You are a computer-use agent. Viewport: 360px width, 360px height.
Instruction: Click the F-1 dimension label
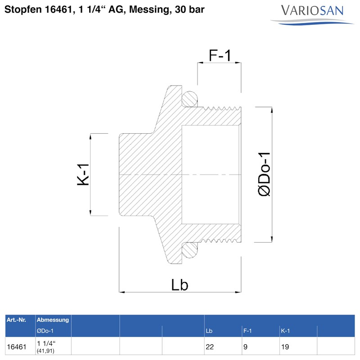220,55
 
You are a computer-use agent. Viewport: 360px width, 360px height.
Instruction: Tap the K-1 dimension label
84,175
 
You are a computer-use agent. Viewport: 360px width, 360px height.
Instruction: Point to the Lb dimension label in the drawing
179,284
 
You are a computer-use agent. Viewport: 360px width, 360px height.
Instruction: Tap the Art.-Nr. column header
16,320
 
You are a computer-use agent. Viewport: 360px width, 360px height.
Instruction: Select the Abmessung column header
53,320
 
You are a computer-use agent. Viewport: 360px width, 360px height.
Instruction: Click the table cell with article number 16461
16,347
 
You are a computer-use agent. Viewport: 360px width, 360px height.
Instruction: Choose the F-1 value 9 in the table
245,347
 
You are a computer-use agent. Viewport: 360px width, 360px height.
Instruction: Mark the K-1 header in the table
285,331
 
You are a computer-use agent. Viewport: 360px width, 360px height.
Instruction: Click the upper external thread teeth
220,108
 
